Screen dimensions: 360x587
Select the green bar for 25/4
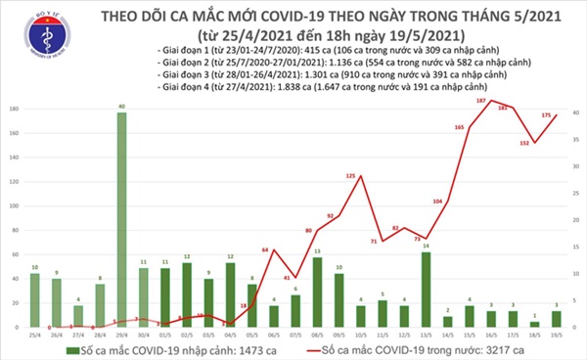tap(35, 300)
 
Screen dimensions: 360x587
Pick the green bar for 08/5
tap(317, 293)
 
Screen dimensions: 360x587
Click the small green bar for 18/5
tap(532, 324)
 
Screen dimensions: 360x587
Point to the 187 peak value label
tap(480, 101)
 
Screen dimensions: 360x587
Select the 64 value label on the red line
tap(264, 250)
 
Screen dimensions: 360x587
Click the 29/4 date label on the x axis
tap(121, 335)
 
